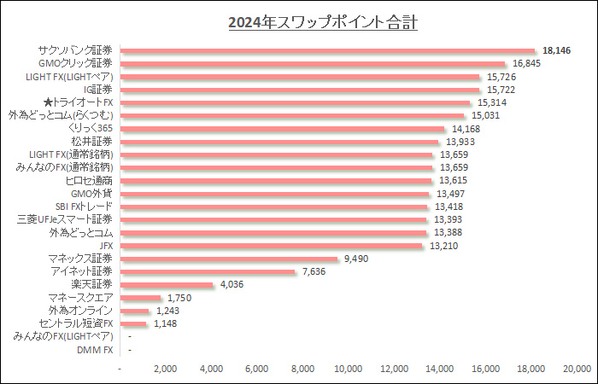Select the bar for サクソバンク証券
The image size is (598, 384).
click(x=328, y=50)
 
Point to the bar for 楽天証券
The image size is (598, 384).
click(x=167, y=284)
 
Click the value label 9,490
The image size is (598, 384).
click(x=355, y=259)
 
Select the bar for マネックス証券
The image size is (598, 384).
click(x=230, y=259)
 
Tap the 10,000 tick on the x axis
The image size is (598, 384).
click(x=349, y=368)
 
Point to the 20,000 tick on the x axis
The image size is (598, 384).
click(x=577, y=368)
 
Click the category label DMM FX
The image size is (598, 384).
click(x=95, y=349)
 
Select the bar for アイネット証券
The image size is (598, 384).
click(x=208, y=271)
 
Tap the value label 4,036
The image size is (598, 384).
click(x=231, y=284)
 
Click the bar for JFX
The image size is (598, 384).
click(x=272, y=246)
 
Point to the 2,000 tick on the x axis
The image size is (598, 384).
click(x=166, y=368)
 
